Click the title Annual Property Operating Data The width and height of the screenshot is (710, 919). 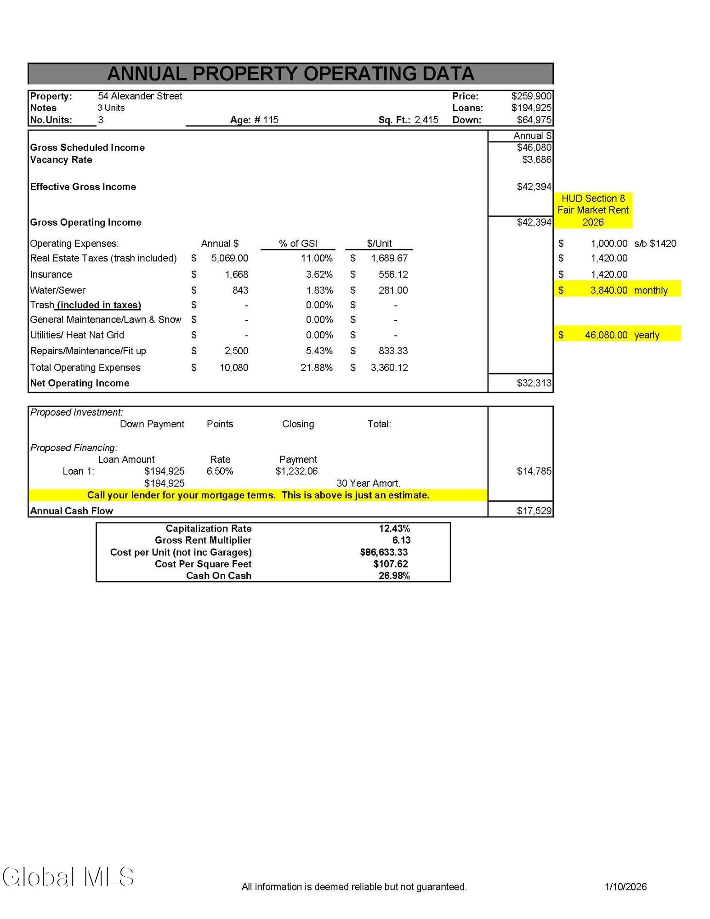290,74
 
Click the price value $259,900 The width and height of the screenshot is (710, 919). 531,96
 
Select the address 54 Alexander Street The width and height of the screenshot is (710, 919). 140,96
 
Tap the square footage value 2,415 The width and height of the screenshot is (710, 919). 426,120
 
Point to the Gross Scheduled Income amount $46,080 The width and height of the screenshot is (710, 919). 534,147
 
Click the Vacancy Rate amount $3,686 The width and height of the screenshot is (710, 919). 536,159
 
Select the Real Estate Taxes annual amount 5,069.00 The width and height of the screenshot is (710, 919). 229,258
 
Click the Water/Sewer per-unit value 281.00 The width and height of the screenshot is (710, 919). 393,290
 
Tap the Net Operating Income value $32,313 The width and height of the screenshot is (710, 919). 534,383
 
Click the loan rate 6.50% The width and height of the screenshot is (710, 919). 220,471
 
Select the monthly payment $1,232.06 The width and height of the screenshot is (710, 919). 296,471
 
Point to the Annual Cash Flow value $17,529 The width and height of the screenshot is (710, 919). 534,511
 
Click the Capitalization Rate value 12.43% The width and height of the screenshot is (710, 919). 394,528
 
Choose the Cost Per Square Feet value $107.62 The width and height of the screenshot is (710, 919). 390,564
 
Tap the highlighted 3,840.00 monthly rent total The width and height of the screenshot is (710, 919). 608,290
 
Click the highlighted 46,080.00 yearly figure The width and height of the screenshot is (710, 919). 606,335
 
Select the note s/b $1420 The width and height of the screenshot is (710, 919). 655,244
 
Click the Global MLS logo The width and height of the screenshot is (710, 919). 68,877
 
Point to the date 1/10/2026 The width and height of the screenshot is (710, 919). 625,887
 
